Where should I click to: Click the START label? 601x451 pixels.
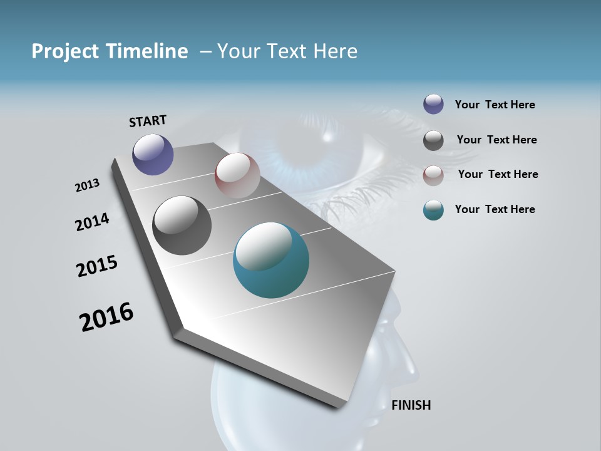(x=148, y=120)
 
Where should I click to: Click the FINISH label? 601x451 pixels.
(x=411, y=405)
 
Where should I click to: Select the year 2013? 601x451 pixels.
(x=87, y=185)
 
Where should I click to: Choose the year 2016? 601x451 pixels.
(x=106, y=317)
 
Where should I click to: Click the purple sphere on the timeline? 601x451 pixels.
(x=153, y=154)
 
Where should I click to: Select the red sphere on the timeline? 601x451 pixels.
(x=237, y=175)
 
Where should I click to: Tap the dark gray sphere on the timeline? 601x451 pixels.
(x=182, y=225)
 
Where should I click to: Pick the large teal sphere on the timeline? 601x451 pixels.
(x=271, y=260)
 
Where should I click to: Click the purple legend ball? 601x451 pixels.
(x=433, y=104)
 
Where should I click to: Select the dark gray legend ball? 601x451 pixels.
(x=433, y=140)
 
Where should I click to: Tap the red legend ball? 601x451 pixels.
(x=433, y=175)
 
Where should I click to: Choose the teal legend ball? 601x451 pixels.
(x=433, y=210)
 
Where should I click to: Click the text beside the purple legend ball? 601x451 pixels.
(x=495, y=105)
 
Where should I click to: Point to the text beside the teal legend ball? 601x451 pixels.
(x=495, y=209)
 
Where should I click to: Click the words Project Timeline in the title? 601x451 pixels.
(x=110, y=51)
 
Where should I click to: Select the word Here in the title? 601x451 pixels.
(x=335, y=51)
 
